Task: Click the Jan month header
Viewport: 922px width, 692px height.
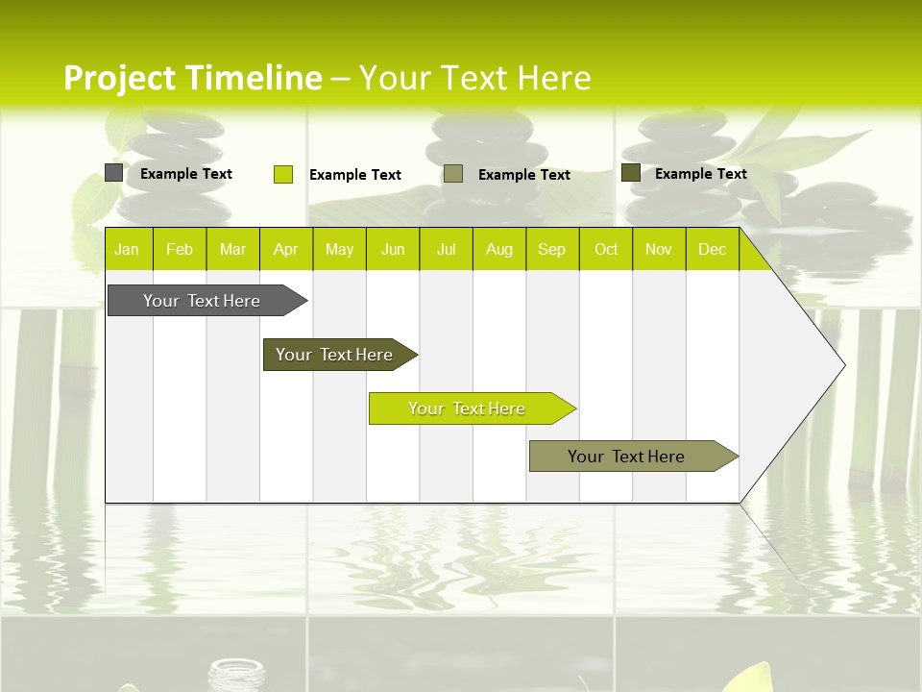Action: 127,250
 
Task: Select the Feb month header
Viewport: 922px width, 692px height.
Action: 180,250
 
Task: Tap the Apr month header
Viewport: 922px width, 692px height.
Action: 285,250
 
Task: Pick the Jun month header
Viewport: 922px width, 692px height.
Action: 393,250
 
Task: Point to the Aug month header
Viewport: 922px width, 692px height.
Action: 498,250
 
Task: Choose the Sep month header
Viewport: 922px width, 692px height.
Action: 551,250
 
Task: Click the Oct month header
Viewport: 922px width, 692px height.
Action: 606,250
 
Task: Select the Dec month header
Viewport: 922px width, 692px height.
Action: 712,250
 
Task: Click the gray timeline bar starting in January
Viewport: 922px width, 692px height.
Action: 202,301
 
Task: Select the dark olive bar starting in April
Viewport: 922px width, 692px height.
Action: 334,355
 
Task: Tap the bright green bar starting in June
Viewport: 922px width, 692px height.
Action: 467,408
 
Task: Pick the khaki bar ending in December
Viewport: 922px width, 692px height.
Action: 626,457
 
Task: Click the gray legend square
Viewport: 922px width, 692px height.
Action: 113,173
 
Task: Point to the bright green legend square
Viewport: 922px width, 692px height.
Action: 283,174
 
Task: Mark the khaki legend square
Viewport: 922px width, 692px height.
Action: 453,174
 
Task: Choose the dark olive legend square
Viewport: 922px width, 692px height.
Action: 631,173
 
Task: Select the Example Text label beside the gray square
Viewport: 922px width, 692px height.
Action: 186,174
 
